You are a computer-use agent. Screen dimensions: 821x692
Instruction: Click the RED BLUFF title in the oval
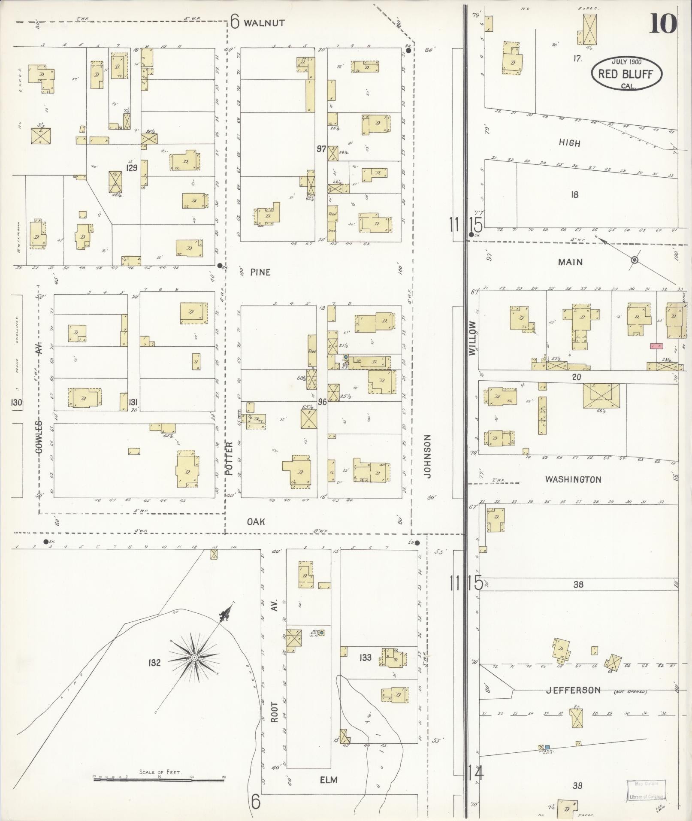click(x=626, y=74)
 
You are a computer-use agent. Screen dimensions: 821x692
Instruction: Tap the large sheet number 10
click(x=663, y=24)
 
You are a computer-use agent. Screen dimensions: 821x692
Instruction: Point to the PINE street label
click(x=260, y=272)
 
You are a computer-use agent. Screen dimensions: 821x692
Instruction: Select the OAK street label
click(x=256, y=521)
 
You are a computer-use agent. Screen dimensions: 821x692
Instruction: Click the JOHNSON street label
click(x=427, y=456)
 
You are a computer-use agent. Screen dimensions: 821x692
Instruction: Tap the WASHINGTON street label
click(x=573, y=479)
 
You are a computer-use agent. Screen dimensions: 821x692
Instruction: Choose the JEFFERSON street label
click(x=573, y=690)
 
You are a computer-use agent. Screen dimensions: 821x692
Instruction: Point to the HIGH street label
click(x=569, y=143)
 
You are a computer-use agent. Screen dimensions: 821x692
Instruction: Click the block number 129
click(x=131, y=168)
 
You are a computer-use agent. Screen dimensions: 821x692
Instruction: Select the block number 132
click(x=154, y=663)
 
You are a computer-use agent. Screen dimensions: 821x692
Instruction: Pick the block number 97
click(x=321, y=149)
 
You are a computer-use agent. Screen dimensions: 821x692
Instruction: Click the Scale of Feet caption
click(x=160, y=772)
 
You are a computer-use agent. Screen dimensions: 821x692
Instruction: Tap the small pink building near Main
click(x=656, y=346)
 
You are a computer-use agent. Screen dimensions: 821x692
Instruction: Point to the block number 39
click(x=577, y=786)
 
